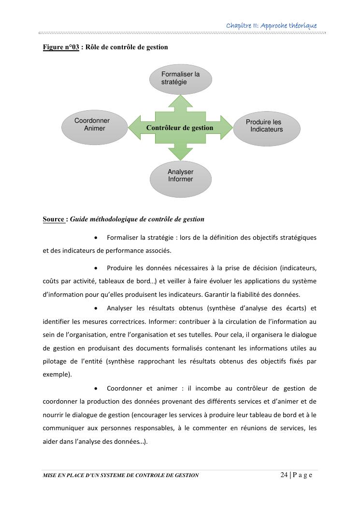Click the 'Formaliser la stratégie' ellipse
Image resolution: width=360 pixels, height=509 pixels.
click(180, 79)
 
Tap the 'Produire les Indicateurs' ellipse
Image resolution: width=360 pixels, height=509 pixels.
click(266, 129)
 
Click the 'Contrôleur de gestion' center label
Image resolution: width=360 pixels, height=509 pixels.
click(180, 128)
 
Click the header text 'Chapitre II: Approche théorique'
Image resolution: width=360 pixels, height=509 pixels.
click(272, 25)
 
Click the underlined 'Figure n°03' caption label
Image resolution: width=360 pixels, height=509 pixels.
click(61, 47)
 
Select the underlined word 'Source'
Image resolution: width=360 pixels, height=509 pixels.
click(54, 219)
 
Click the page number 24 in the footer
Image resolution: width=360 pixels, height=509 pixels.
click(284, 475)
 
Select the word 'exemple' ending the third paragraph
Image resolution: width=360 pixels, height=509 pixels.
click(56, 374)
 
